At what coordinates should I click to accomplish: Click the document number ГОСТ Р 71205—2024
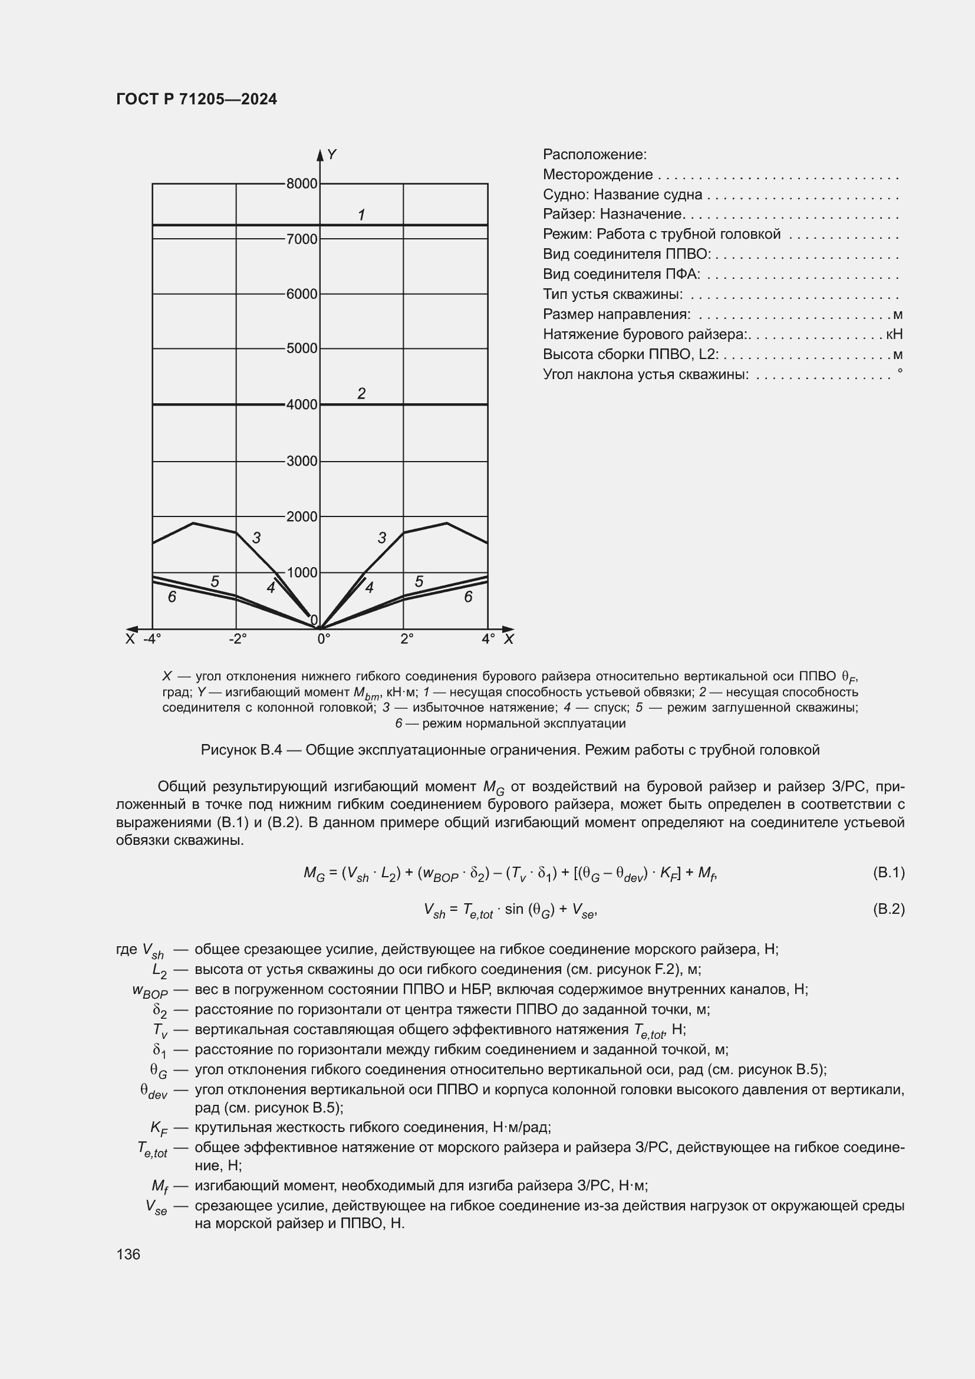(x=196, y=99)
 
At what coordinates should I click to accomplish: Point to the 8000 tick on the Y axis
(x=301, y=184)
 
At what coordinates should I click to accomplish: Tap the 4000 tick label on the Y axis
(x=301, y=405)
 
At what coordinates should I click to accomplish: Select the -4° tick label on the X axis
(x=152, y=639)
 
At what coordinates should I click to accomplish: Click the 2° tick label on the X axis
(x=407, y=639)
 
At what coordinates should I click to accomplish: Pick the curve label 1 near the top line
(x=361, y=215)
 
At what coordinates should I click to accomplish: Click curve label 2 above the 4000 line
(x=361, y=393)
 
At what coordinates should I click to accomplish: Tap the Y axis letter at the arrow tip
(x=332, y=155)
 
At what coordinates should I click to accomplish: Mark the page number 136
(x=128, y=1254)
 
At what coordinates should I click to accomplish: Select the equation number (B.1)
(x=888, y=872)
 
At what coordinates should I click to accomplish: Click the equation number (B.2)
(x=888, y=909)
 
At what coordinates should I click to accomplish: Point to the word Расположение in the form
(x=594, y=154)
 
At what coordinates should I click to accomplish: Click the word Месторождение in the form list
(x=597, y=175)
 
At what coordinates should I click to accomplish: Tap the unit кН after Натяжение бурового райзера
(x=894, y=334)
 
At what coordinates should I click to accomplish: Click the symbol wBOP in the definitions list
(x=150, y=990)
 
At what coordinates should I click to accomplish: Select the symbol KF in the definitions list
(x=159, y=1128)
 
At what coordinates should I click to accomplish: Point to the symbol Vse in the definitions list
(x=156, y=1207)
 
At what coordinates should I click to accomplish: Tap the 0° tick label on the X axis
(x=323, y=639)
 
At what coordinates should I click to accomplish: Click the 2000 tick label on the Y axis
(x=301, y=516)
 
